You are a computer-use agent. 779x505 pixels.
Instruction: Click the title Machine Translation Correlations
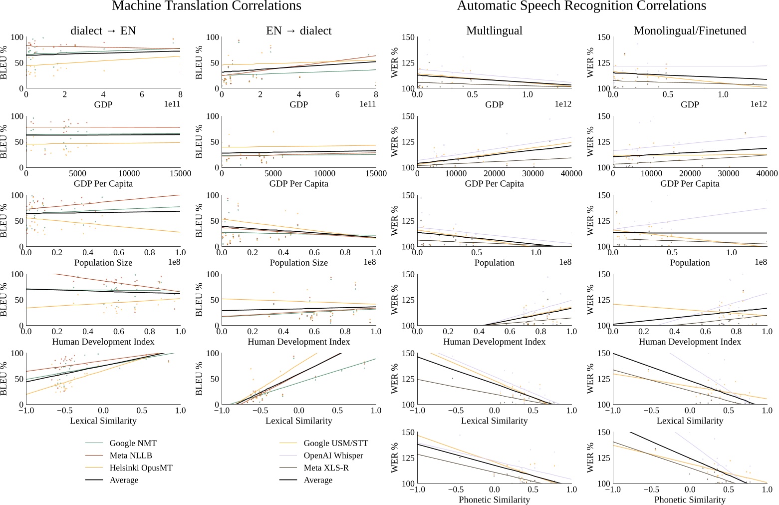pyautogui.click(x=207, y=6)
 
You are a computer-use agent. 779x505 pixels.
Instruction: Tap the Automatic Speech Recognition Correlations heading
pyautogui.click(x=581, y=6)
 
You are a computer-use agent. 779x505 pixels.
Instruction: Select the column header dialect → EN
pyautogui.click(x=103, y=30)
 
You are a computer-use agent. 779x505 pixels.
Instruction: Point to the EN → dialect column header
pyautogui.click(x=299, y=30)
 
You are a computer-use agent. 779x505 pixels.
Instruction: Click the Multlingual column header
pyautogui.click(x=494, y=30)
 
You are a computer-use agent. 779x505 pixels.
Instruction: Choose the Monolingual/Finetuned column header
pyautogui.click(x=690, y=30)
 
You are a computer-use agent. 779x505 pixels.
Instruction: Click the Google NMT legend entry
pyautogui.click(x=133, y=443)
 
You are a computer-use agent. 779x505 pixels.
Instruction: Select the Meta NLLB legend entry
pyautogui.click(x=131, y=456)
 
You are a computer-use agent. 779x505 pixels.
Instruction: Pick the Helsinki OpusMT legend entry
pyautogui.click(x=141, y=468)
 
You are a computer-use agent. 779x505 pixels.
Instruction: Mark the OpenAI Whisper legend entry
pyautogui.click(x=333, y=456)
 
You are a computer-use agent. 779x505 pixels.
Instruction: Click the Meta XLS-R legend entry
pyautogui.click(x=326, y=468)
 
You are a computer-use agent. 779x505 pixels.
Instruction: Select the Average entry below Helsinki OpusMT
pyautogui.click(x=124, y=480)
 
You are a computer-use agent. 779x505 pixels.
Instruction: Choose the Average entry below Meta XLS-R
pyautogui.click(x=318, y=480)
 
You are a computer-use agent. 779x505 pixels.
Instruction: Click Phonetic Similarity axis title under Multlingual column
pyautogui.click(x=494, y=500)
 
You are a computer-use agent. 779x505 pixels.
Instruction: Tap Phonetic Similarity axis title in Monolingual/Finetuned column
pyautogui.click(x=690, y=500)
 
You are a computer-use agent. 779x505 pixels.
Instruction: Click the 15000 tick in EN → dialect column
pyautogui.click(x=376, y=174)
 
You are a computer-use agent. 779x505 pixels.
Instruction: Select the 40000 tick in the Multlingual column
pyautogui.click(x=571, y=174)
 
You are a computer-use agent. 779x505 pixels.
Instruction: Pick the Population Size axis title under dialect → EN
pyautogui.click(x=103, y=263)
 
